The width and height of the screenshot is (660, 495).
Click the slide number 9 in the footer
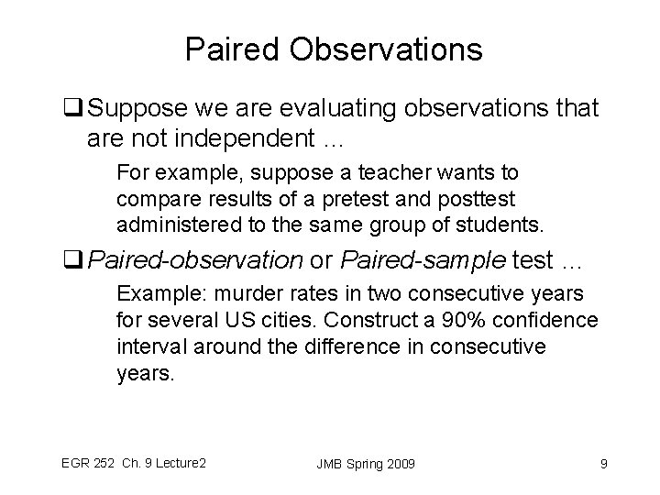[602, 464]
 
